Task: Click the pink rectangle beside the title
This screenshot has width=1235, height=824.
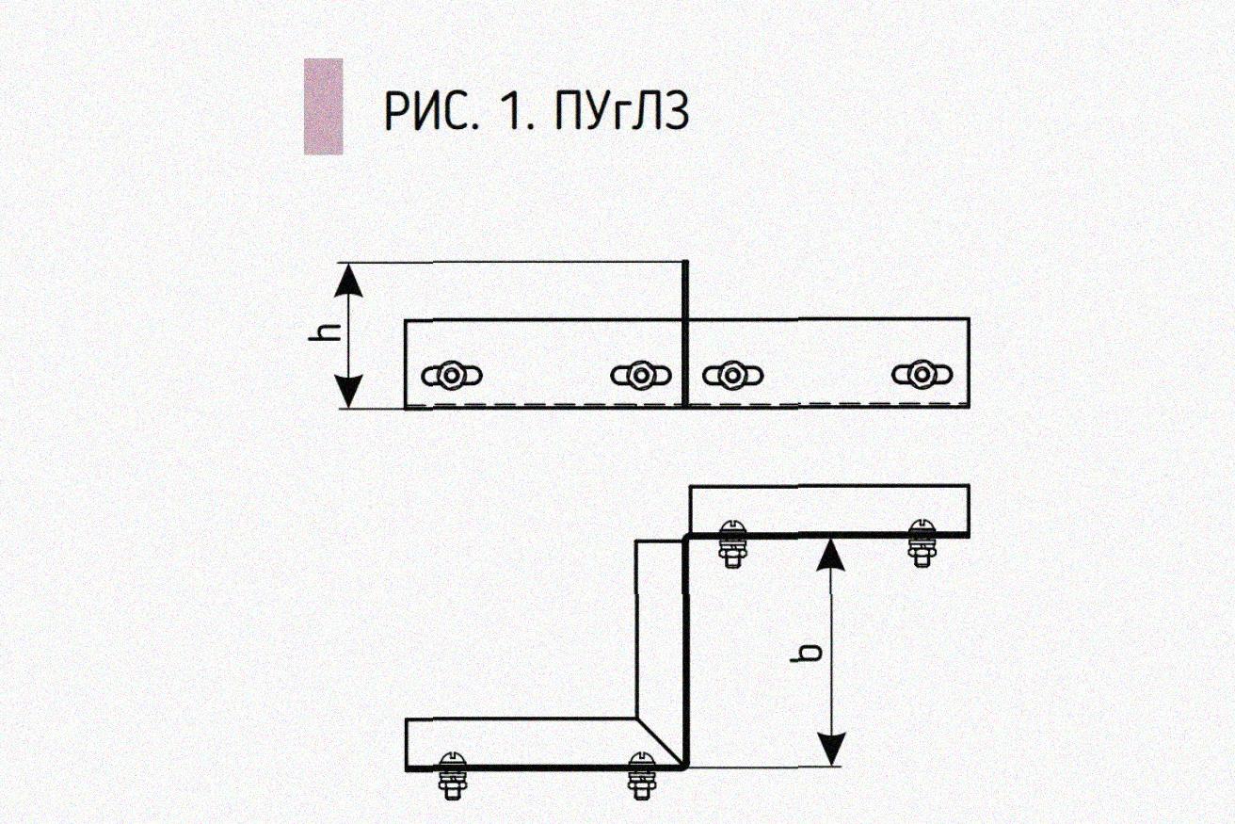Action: point(323,105)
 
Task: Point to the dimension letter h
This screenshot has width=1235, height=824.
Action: point(322,335)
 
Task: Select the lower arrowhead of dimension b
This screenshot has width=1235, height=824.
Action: point(828,749)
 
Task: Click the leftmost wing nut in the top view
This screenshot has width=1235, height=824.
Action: point(453,376)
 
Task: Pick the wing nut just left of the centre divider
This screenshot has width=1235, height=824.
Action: point(640,376)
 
